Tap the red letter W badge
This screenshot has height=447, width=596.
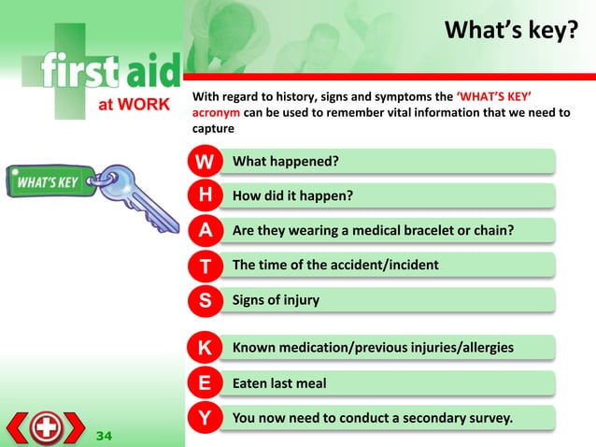point(205,162)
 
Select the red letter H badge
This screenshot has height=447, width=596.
point(205,196)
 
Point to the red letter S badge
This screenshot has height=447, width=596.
point(205,301)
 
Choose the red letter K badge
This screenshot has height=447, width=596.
point(205,349)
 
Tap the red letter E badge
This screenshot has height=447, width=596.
point(205,383)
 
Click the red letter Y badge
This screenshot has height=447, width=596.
point(205,417)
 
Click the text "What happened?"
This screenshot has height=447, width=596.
point(285,162)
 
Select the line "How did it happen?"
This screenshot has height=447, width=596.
point(291,196)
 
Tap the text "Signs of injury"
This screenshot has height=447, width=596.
point(276,300)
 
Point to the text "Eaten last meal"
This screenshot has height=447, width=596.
point(279,383)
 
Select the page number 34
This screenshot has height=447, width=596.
point(105,435)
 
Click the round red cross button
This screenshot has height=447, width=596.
point(46,428)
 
